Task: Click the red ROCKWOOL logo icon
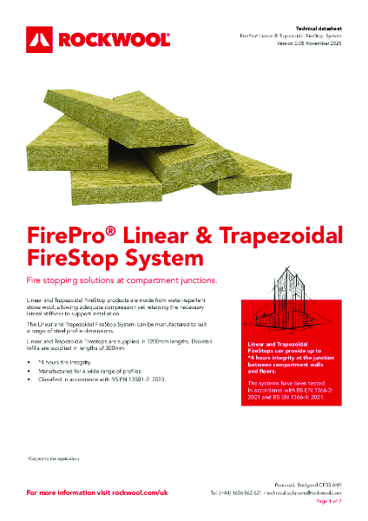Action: point(41,38)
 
